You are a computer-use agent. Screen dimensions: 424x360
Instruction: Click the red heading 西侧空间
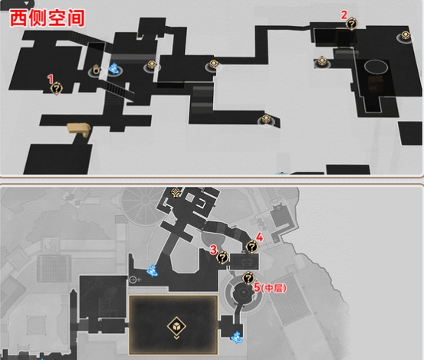48,18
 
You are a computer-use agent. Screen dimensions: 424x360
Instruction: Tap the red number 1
51,79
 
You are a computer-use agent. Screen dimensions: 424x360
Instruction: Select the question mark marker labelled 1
57,89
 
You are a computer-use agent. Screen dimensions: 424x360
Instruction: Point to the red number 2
343,15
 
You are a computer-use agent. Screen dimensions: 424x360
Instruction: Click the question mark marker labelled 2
351,24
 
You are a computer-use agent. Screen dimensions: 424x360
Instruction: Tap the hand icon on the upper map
96,70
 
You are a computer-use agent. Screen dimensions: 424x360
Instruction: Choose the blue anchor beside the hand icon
113,69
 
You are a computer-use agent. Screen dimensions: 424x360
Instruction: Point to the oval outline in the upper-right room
376,67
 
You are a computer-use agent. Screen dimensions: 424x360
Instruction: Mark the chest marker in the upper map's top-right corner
405,36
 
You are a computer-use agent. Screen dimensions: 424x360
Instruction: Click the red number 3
213,250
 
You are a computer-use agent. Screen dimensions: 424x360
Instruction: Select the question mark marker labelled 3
222,257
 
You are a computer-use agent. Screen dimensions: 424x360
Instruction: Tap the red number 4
259,237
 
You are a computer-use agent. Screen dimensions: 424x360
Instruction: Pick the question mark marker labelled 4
251,247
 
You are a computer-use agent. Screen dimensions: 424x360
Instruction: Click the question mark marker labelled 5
248,278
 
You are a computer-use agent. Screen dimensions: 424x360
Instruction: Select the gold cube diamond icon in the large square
176,326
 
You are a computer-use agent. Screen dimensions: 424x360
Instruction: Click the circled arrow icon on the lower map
133,280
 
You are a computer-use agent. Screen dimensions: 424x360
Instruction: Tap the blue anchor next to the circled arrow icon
152,270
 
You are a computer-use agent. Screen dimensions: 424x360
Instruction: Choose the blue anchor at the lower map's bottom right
236,337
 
